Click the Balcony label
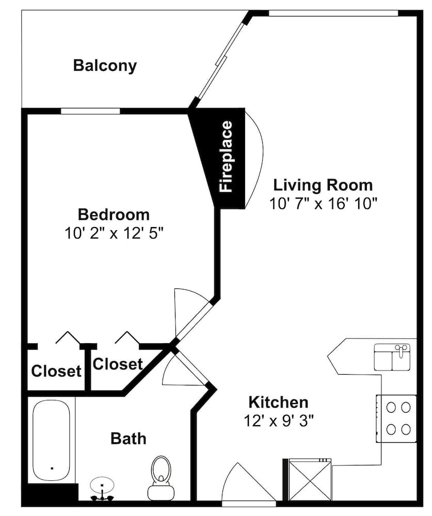105,66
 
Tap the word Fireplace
227,156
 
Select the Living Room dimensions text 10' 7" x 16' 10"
323,204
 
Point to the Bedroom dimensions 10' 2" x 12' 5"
114,234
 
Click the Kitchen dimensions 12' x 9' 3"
279,421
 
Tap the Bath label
129,439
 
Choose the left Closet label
56,371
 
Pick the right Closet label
118,364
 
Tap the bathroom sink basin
102,485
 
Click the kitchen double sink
392,357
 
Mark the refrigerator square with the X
310,480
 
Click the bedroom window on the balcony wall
90,111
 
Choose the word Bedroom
114,215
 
